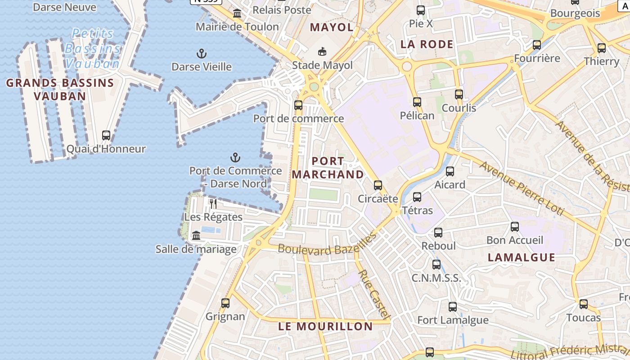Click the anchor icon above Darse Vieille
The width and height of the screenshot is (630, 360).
(202, 54)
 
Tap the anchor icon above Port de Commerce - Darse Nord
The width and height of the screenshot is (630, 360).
(235, 157)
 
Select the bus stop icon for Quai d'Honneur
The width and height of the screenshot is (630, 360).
(106, 135)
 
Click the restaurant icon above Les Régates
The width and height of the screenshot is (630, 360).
(213, 204)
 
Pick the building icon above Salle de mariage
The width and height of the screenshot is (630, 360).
(196, 235)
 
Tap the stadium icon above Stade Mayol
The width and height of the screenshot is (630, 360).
(322, 52)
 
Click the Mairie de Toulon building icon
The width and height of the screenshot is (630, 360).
(237, 14)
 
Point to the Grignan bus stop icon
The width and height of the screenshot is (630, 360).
(225, 303)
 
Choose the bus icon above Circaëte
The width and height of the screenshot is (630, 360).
(378, 185)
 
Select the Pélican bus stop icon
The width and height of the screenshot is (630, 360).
(417, 102)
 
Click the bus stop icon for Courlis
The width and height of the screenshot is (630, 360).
(459, 94)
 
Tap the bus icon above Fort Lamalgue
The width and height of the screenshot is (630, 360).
(453, 307)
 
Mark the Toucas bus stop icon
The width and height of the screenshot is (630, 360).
(584, 304)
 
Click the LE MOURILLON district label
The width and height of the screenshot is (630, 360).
(325, 326)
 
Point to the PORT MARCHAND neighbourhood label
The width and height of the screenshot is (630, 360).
(328, 167)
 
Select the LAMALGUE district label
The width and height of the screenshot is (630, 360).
(522, 257)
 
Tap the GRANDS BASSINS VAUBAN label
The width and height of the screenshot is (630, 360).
(60, 89)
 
